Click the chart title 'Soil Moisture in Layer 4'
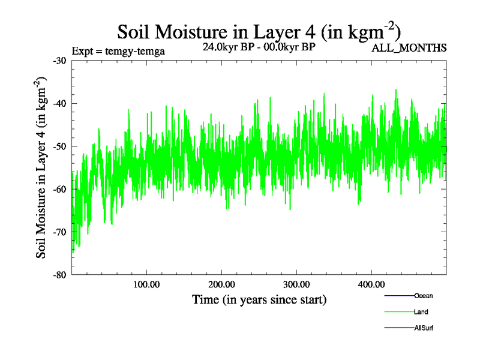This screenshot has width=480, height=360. click(259, 31)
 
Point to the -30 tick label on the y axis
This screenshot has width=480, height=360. click(60, 61)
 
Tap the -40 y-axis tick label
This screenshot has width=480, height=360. click(60, 103)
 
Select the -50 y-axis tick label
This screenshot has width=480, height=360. click(60, 146)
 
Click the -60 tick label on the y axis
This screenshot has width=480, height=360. click(60, 189)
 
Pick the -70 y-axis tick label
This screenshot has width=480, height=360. click(60, 232)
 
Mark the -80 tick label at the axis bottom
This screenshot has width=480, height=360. click(60, 275)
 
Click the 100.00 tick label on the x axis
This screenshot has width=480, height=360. click(146, 284)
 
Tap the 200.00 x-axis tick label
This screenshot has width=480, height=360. click(221, 284)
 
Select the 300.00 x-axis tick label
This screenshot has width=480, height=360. click(296, 284)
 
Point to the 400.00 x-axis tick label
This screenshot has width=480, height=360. click(371, 284)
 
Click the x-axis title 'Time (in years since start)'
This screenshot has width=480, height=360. click(259, 299)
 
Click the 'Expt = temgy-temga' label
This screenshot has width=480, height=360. click(118, 51)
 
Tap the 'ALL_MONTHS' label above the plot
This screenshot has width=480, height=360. click(409, 48)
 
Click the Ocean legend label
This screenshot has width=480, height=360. click(423, 296)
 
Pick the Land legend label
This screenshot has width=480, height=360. click(421, 312)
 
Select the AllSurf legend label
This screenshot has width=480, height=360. click(424, 328)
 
